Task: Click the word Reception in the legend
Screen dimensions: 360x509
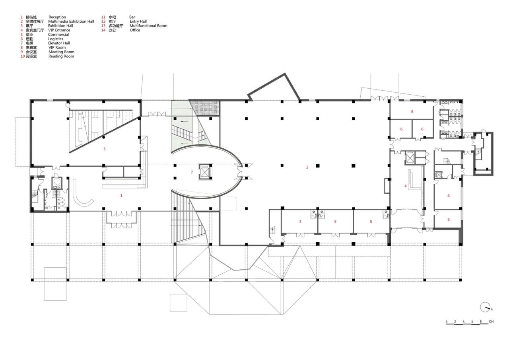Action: pyautogui.click(x=57, y=17)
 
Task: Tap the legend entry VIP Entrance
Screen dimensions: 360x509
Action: pyautogui.click(x=59, y=30)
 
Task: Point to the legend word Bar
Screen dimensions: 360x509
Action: pyautogui.click(x=132, y=17)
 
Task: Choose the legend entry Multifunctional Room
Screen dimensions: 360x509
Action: pyautogui.click(x=148, y=26)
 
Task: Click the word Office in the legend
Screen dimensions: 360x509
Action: pyautogui.click(x=135, y=30)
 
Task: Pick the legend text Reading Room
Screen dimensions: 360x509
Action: pyautogui.click(x=61, y=56)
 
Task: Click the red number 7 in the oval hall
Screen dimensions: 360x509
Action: pyautogui.click(x=192, y=172)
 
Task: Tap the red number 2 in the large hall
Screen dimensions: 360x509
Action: pyautogui.click(x=307, y=167)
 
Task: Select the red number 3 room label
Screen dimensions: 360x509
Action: pyautogui.click(x=104, y=149)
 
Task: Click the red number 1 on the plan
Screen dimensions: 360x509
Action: pyautogui.click(x=121, y=195)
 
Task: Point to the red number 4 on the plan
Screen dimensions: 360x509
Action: pyautogui.click(x=406, y=186)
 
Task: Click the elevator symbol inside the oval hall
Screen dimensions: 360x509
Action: pyautogui.click(x=204, y=171)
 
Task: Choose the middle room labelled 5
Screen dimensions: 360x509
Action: pyautogui.click(x=335, y=222)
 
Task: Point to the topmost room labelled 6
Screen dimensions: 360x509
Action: pyautogui.click(x=412, y=111)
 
